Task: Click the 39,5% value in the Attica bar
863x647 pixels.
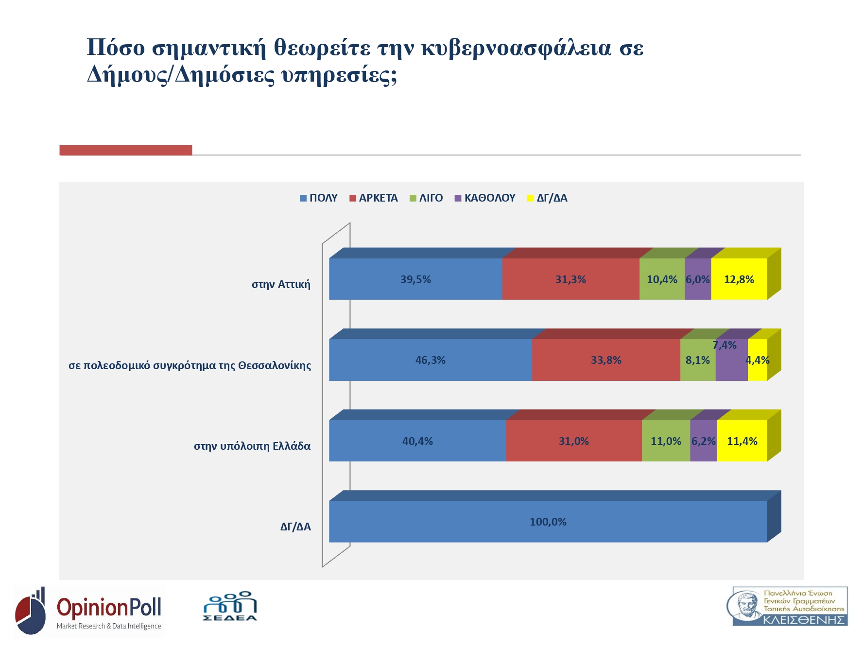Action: coord(415,280)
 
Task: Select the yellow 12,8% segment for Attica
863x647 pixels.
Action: coord(739,280)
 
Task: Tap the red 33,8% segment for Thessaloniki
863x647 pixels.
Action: coord(606,360)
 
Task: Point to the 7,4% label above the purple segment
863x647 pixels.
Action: coord(725,345)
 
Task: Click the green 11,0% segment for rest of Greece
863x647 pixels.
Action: coord(666,442)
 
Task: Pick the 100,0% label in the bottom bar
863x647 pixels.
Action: coord(548,522)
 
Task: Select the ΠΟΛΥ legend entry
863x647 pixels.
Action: coord(319,198)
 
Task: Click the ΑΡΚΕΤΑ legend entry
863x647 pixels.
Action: coord(374,198)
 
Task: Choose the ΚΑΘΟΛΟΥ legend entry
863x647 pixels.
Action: coord(485,198)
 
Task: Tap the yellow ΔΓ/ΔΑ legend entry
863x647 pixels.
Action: coord(548,198)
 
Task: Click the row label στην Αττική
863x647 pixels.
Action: coord(281,285)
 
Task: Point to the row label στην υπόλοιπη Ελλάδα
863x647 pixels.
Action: coord(252,446)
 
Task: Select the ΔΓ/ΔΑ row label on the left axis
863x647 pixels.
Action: coord(295,527)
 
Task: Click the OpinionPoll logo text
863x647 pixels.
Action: coord(109,608)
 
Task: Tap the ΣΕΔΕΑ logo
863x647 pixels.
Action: coord(230,607)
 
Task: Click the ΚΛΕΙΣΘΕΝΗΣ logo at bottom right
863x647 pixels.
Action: coord(790,607)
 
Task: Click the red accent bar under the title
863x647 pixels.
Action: coord(126,151)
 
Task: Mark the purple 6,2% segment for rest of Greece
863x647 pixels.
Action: coord(703,442)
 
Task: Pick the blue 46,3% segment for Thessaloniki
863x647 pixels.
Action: coord(430,360)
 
